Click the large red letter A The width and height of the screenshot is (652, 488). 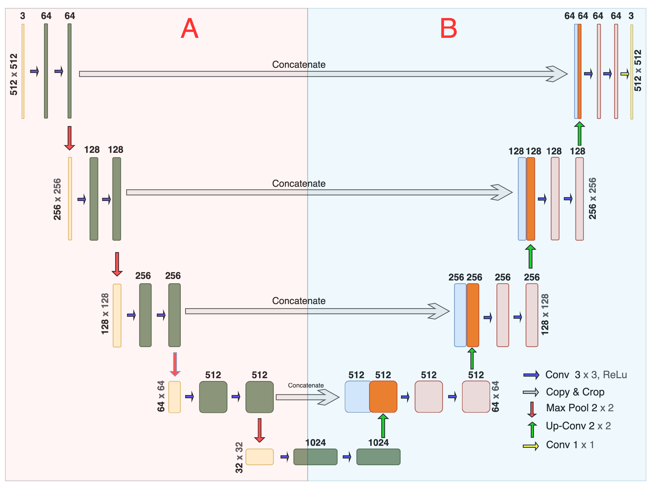190,29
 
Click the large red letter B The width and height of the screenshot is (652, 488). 448,29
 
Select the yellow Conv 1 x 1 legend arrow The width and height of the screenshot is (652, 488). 531,446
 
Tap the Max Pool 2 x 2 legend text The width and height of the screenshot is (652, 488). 579,408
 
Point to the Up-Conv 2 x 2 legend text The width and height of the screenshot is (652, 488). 578,426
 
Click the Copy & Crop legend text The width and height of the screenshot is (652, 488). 575,392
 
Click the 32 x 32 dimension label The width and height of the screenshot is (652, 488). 239,457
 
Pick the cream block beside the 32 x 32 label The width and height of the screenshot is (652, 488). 259,457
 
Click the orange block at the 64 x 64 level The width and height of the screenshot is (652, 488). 383,397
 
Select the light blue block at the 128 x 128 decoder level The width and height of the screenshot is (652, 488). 460,315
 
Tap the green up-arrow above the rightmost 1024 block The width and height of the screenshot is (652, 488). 383,426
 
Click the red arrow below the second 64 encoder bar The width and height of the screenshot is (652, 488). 70,138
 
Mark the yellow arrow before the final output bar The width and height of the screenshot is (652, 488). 625,74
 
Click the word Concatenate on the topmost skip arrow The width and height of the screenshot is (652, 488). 299,65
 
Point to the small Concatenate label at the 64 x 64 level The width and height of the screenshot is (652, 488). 306,385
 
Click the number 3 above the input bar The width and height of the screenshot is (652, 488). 23,16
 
